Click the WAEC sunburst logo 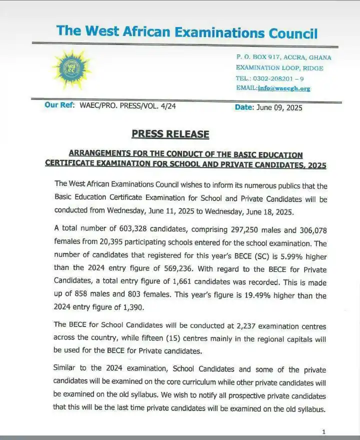[71, 69]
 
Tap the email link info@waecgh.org [284, 88]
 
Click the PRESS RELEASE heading [170, 134]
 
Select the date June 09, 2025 [279, 107]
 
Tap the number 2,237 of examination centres [227, 325]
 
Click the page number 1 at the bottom [323, 431]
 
